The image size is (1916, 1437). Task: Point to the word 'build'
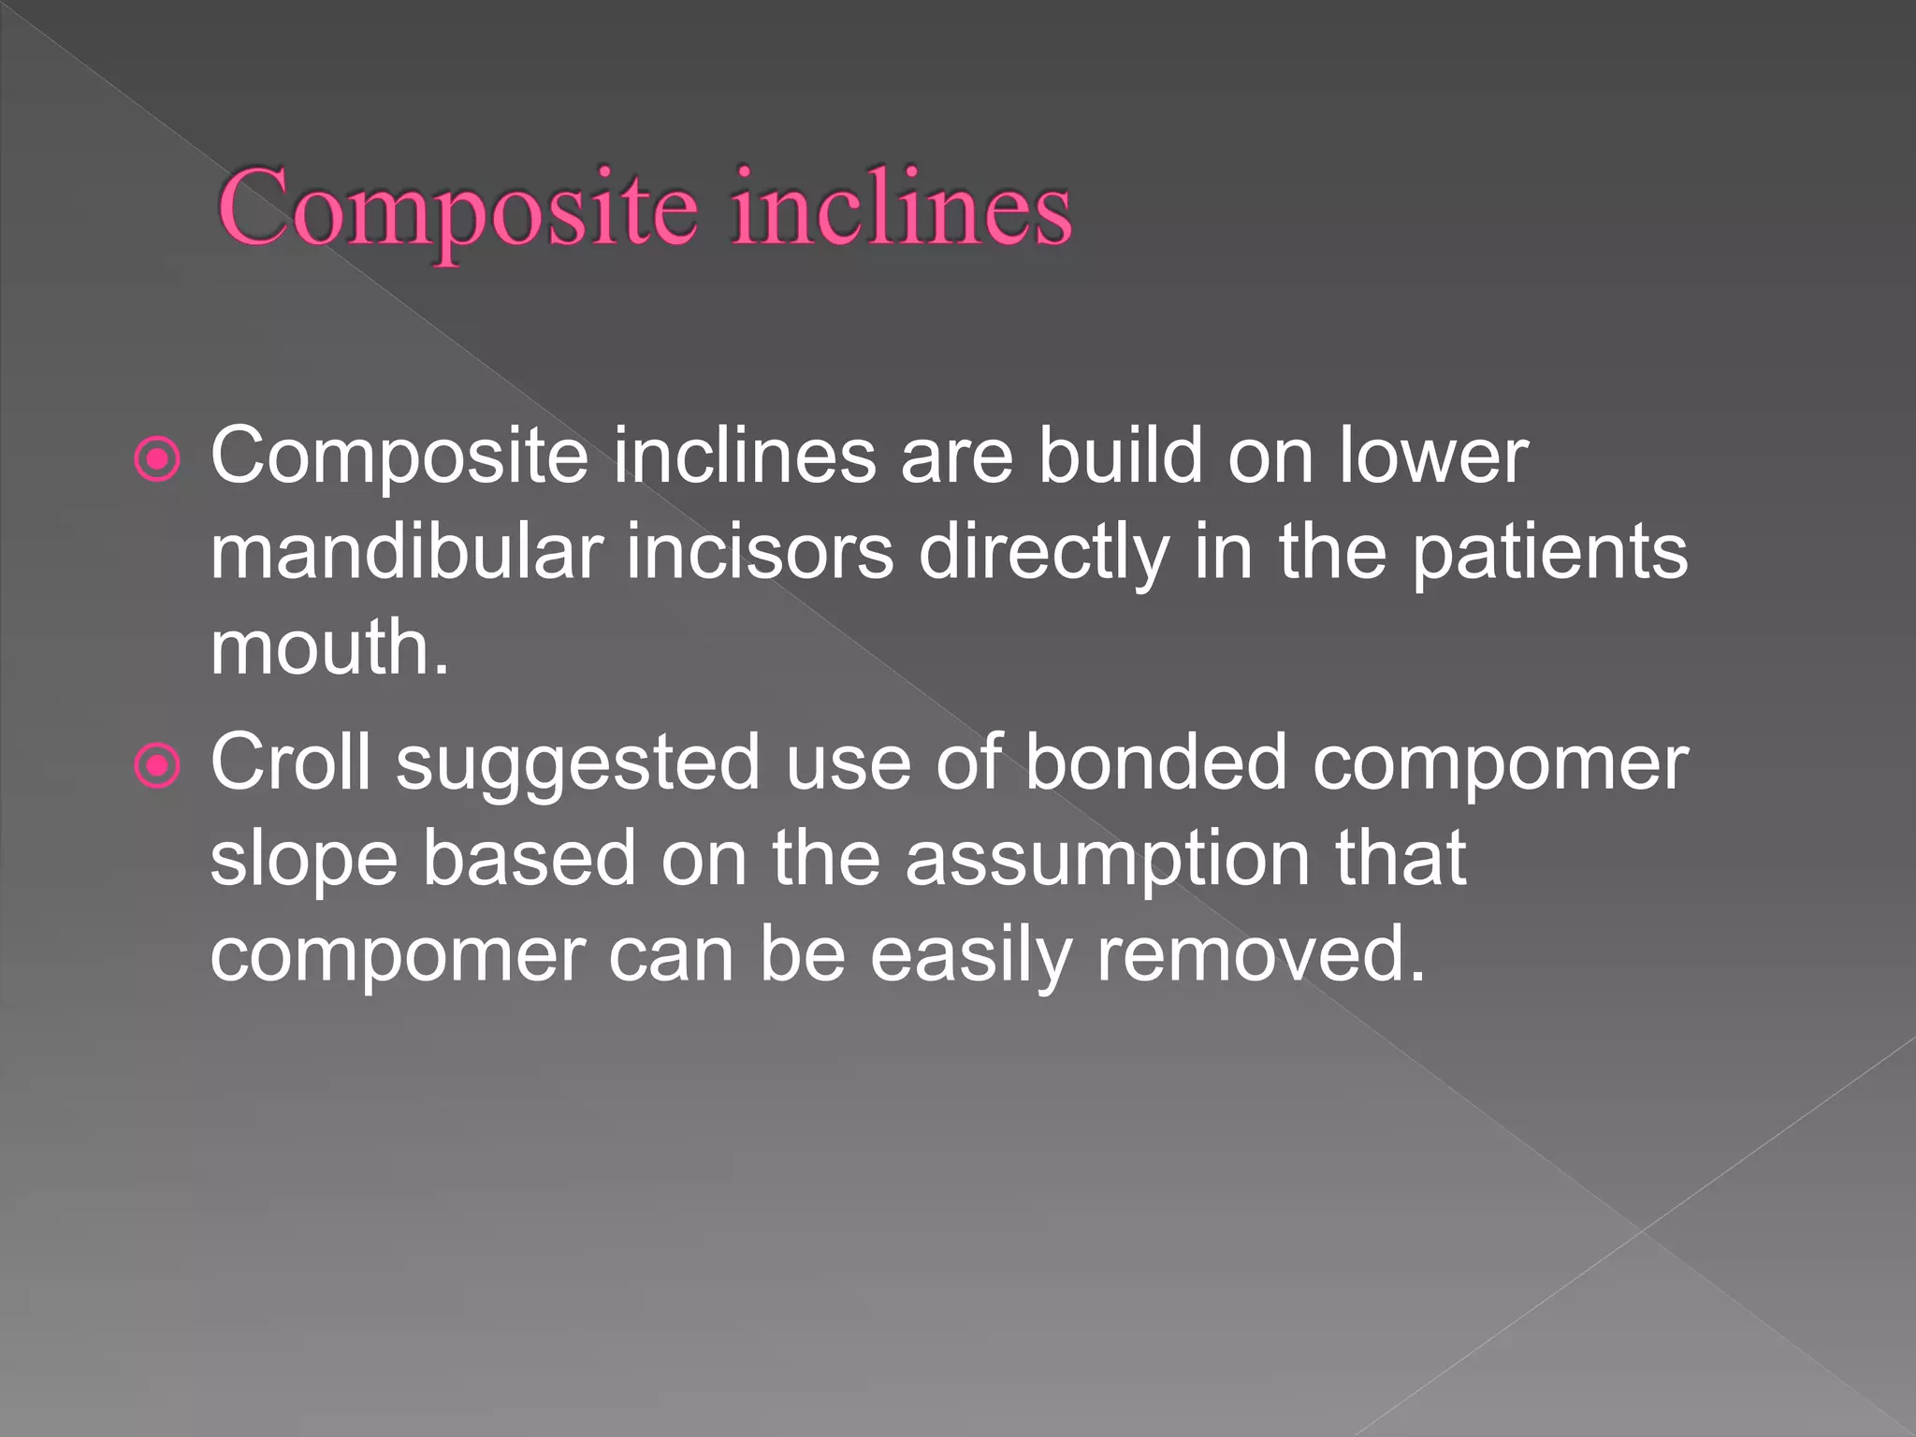coord(1120,456)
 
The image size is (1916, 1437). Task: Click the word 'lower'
coord(1433,456)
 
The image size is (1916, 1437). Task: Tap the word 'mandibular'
coord(406,552)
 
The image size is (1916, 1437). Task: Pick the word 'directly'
coord(1043,554)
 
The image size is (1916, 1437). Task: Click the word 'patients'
coord(1549,554)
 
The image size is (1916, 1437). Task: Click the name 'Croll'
coord(290,762)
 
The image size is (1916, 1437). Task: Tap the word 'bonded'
coord(1155,762)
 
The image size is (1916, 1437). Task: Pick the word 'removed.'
coord(1260,954)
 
